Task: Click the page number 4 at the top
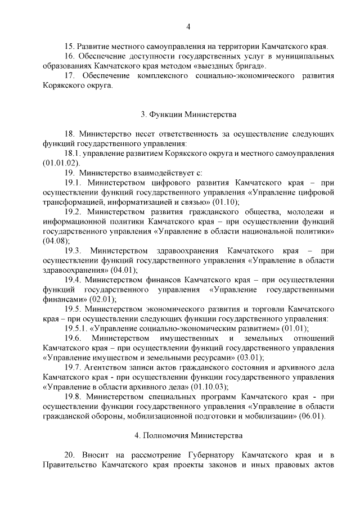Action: tap(188, 26)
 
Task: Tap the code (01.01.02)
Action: tap(59, 163)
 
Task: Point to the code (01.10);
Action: tap(225, 201)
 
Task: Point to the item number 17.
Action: tap(70, 75)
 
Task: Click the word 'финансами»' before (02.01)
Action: tap(64, 299)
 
